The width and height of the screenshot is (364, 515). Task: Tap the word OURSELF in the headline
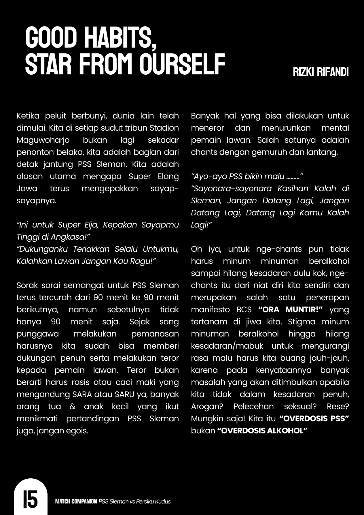pos(182,64)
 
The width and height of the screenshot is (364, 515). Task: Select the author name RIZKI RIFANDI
pos(321,72)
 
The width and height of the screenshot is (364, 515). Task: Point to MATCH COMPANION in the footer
pos(76,501)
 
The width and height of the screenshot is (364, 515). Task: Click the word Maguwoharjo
pos(43,140)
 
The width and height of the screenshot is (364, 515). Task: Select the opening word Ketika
pos(28,116)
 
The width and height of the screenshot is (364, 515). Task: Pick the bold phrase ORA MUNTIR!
pos(291,310)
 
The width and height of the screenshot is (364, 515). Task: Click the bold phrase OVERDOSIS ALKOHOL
pos(262,431)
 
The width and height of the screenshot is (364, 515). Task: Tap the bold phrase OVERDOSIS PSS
pos(314,419)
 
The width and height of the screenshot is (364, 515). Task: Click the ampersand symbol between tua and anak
pos(73,407)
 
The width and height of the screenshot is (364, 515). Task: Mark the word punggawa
pos(37,334)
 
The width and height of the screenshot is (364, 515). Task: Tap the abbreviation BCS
pos(244,310)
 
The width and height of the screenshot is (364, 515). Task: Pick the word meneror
pos(205,128)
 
